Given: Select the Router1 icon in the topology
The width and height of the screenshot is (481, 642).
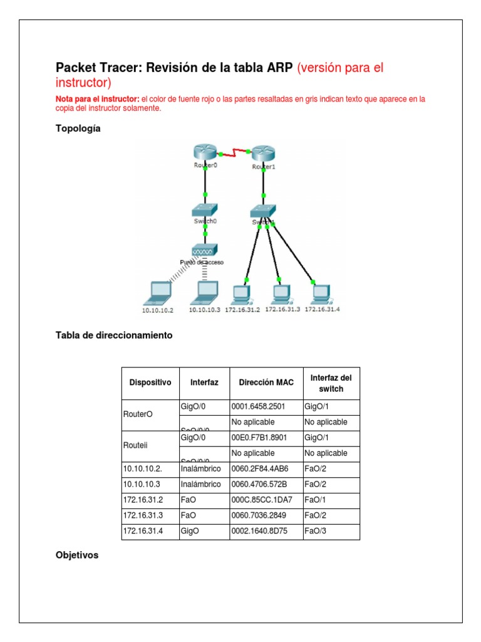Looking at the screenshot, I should point(263,154).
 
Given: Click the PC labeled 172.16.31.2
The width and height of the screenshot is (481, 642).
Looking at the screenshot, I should point(241,293).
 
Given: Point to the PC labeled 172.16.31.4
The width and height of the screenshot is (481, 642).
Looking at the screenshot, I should point(321,293).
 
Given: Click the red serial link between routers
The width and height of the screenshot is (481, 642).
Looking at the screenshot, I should point(234,152).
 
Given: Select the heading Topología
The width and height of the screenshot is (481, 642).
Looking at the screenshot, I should point(78,129).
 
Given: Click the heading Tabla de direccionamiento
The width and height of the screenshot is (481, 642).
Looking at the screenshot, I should point(114,335).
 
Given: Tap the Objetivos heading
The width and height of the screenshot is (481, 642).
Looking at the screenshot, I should point(77,555).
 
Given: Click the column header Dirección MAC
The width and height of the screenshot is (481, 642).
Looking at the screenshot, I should point(266,382).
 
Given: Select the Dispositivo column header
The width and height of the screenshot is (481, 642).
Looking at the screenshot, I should point(150,382).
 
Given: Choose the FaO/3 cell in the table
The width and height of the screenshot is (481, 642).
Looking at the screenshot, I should point(316,531).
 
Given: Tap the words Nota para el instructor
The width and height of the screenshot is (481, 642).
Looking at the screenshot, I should point(97,99).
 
